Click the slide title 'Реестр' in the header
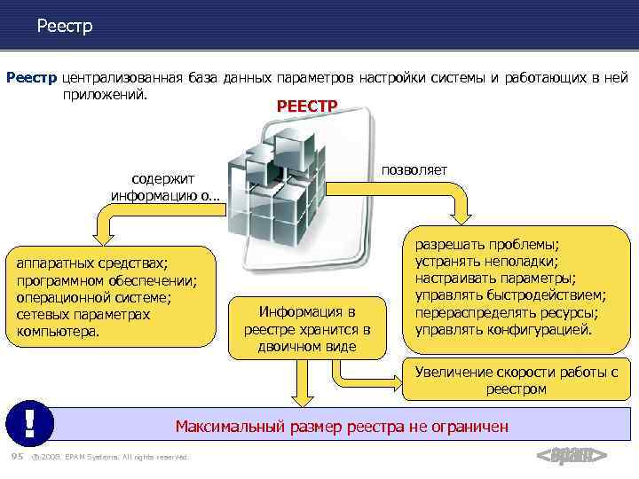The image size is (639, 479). coord(64,27)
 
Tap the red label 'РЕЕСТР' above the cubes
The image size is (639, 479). coord(307,106)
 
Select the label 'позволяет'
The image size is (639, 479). coord(414,169)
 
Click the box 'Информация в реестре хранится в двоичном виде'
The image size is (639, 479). coord(306,328)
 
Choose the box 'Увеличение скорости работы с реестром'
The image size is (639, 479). coord(516,381)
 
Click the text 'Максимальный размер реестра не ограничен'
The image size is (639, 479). coord(342,427)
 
